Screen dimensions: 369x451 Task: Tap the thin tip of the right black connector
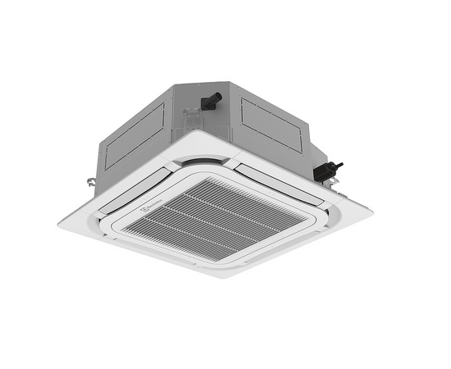click(x=340, y=166)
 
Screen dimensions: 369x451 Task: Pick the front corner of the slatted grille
click(x=215, y=261)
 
